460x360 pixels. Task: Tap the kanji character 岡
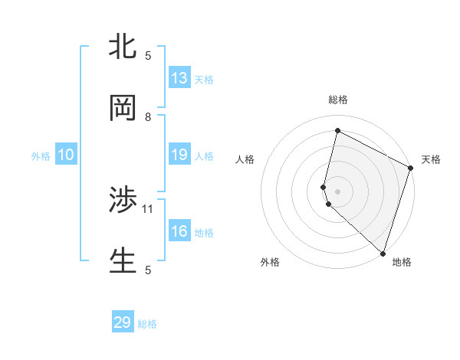pos(123,109)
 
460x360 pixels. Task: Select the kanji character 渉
pos(123,201)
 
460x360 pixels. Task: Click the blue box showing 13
pos(179,77)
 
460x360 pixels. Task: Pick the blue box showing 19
pos(179,154)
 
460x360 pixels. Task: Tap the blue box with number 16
pos(179,231)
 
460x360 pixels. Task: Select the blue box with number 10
pos(66,155)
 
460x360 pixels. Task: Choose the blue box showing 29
pos(123,322)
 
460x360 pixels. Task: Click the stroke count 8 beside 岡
pos(148,117)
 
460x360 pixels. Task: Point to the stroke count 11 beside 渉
pos(149,208)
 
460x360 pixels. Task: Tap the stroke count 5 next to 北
pos(148,55)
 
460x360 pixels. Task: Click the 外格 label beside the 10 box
pos(41,155)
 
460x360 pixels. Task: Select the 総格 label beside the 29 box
pos(147,323)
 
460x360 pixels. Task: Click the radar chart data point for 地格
pos(382,252)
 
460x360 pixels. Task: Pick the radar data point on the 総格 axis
pos(337,131)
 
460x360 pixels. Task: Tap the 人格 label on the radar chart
pos(245,159)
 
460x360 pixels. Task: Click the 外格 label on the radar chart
pos(270,262)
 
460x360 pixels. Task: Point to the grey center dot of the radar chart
pos(337,190)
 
